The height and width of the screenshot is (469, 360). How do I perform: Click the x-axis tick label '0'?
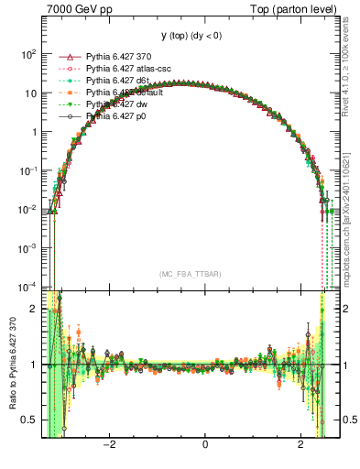[204, 445]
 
